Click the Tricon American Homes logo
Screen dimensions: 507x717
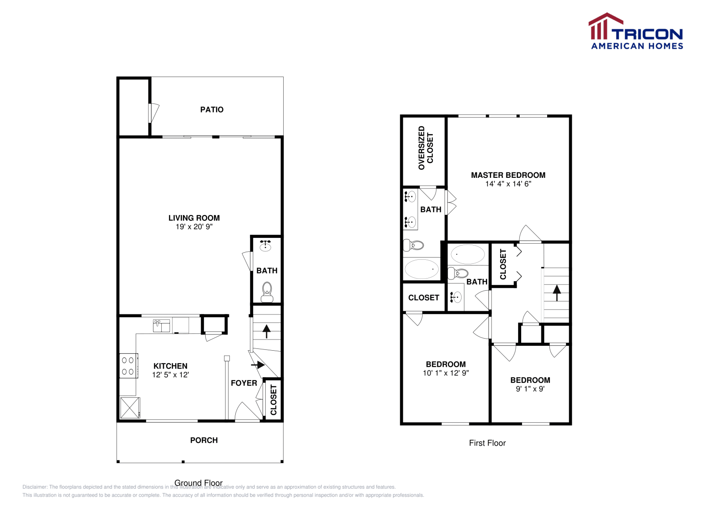[x=635, y=31]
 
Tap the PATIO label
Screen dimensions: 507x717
[x=212, y=110]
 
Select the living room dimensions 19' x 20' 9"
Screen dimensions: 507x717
[x=194, y=227]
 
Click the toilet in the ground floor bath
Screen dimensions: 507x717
[x=267, y=291]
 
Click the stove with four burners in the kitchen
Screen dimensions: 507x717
[x=128, y=365]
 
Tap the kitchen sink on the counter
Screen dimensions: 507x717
[x=161, y=325]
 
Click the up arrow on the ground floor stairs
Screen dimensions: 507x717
[x=267, y=331]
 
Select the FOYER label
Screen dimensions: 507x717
[x=244, y=383]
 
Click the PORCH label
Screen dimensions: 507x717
[x=204, y=440]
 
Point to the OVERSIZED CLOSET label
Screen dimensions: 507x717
[x=426, y=148]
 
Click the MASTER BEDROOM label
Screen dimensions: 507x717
[x=508, y=175]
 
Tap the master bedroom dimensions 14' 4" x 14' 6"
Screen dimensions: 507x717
[x=508, y=184]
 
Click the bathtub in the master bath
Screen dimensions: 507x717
[x=421, y=269]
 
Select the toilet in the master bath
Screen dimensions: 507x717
[x=413, y=245]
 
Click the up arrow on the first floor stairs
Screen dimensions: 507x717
[x=557, y=293]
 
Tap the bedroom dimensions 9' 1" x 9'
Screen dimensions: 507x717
[x=530, y=389]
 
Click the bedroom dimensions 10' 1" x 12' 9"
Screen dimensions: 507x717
[x=446, y=373]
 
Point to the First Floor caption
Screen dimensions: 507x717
[x=487, y=443]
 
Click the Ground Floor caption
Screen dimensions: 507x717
[x=199, y=483]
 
